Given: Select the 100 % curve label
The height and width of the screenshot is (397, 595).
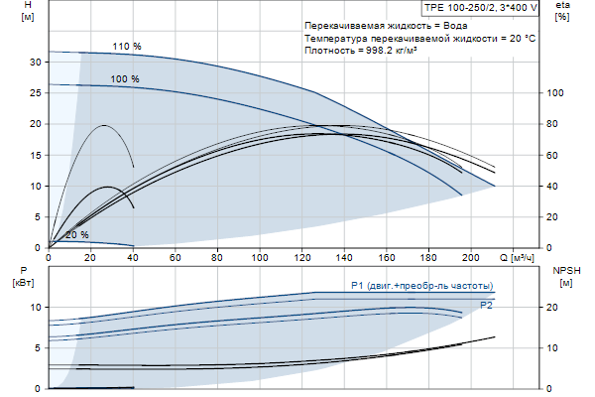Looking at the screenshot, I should pyautogui.click(x=125, y=79).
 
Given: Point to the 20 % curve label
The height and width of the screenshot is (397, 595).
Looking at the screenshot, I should pyautogui.click(x=76, y=235).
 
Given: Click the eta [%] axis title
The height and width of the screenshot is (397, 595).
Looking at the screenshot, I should pyautogui.click(x=563, y=13).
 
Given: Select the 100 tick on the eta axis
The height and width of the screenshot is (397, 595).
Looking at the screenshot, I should pyautogui.click(x=556, y=92).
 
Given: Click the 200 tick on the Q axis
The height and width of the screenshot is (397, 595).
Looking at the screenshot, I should pyautogui.click(x=471, y=258).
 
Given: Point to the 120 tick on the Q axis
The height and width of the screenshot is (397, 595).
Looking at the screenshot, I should pyautogui.click(x=301, y=258).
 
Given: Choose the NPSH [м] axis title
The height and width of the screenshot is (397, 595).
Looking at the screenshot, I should pyautogui.click(x=564, y=277).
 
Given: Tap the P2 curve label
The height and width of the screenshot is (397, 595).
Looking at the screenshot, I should pyautogui.click(x=486, y=306).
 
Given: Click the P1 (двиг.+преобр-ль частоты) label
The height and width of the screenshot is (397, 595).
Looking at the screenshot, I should pyautogui.click(x=421, y=285).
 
